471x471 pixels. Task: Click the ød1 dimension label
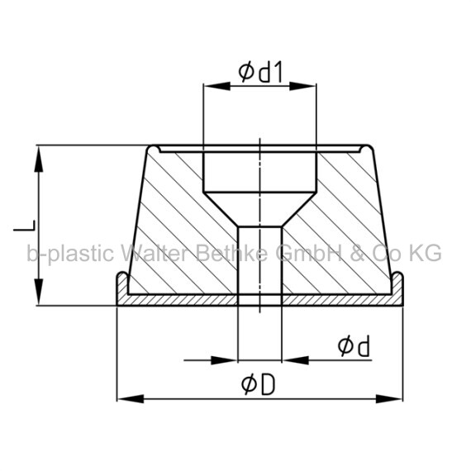[x=261, y=73]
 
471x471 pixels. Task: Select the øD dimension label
[x=259, y=385]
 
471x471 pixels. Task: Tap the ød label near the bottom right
[x=354, y=346]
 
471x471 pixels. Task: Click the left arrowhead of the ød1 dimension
[x=216, y=86]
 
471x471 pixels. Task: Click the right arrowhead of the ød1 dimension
[x=302, y=86]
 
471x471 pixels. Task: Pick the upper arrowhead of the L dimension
[x=39, y=159]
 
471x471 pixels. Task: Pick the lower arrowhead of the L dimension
[x=39, y=292]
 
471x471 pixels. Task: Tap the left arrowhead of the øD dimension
[x=131, y=399]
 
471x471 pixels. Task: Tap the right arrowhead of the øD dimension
[x=389, y=399]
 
